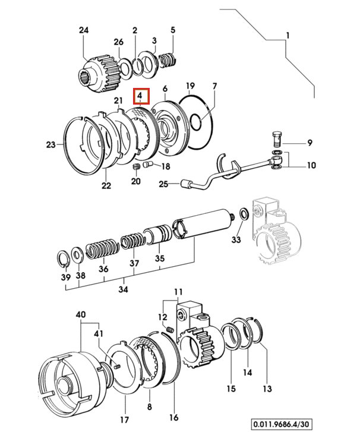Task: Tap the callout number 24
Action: click(84, 30)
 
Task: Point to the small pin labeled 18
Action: click(148, 165)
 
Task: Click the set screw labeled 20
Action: click(136, 166)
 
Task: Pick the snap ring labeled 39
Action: click(63, 259)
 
